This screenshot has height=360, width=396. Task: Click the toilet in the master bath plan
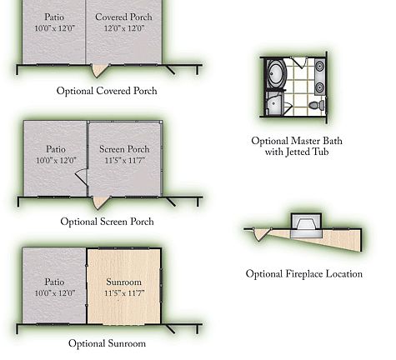pyautogui.click(x=317, y=105)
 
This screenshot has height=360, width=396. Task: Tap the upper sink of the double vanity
pyautogui.click(x=320, y=66)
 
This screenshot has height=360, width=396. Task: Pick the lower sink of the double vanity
pyautogui.click(x=320, y=87)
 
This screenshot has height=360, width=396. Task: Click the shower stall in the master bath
pyautogui.click(x=274, y=103)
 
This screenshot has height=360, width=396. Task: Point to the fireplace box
pyautogui.click(x=306, y=225)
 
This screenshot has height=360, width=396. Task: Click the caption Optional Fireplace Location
pyautogui.click(x=304, y=274)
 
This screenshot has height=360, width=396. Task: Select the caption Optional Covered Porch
pyautogui.click(x=107, y=91)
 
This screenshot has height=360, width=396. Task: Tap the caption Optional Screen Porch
pyautogui.click(x=107, y=222)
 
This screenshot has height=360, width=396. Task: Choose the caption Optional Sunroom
pyautogui.click(x=107, y=343)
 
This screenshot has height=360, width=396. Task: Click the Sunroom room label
pyautogui.click(x=124, y=282)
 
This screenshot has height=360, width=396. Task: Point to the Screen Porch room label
pyautogui.click(x=124, y=149)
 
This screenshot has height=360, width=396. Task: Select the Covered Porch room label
pyautogui.click(x=123, y=17)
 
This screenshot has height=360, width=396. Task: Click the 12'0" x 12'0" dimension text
pyautogui.click(x=124, y=28)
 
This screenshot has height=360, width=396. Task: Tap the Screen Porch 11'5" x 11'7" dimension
pyautogui.click(x=125, y=161)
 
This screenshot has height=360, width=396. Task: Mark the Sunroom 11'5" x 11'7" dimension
pyautogui.click(x=124, y=293)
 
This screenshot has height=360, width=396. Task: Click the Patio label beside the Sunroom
pyautogui.click(x=54, y=282)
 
